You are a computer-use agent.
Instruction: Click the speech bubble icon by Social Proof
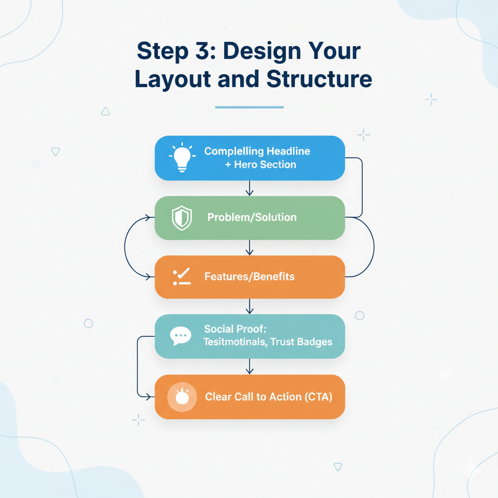tap(180, 336)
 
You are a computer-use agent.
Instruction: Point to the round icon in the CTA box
tap(181, 397)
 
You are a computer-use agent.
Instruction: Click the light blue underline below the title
tap(249, 107)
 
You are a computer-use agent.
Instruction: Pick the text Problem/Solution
tap(252, 217)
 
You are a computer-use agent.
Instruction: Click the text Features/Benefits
tap(249, 277)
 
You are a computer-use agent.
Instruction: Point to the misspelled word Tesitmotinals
tap(234, 342)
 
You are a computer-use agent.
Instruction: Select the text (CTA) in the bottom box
tap(318, 397)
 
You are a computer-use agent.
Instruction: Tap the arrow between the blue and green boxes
tap(249, 188)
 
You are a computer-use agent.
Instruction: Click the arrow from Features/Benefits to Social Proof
tap(249, 306)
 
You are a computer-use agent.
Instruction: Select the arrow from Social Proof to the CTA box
tap(249, 367)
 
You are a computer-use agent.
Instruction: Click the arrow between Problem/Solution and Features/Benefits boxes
tap(249, 247)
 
